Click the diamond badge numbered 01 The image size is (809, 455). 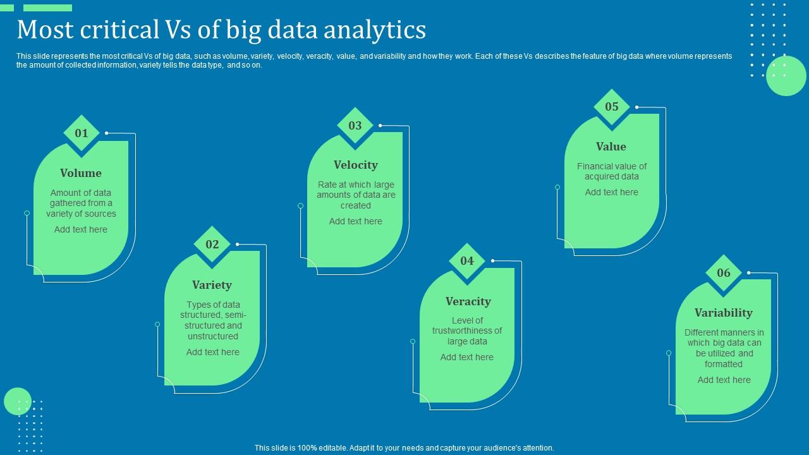(x=82, y=133)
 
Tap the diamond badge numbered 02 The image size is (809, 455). (x=212, y=245)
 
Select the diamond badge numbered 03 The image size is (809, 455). (x=355, y=126)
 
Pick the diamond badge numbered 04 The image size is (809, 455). (x=467, y=261)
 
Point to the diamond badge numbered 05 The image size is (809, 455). (x=612, y=107)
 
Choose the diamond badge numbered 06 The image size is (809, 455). (x=724, y=273)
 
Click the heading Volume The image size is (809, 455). (x=81, y=173)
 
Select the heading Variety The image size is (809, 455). (x=212, y=285)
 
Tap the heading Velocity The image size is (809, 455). (x=356, y=165)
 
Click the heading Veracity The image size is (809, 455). (x=468, y=301)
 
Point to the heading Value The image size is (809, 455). (x=611, y=147)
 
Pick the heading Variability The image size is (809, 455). (x=724, y=313)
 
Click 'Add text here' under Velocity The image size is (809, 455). (x=356, y=221)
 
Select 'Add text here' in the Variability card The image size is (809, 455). (x=724, y=380)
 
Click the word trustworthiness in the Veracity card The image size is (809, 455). (x=467, y=331)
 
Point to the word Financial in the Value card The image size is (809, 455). (x=597, y=166)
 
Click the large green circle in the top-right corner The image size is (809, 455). (x=786, y=76)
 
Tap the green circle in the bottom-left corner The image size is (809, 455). (x=18, y=401)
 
